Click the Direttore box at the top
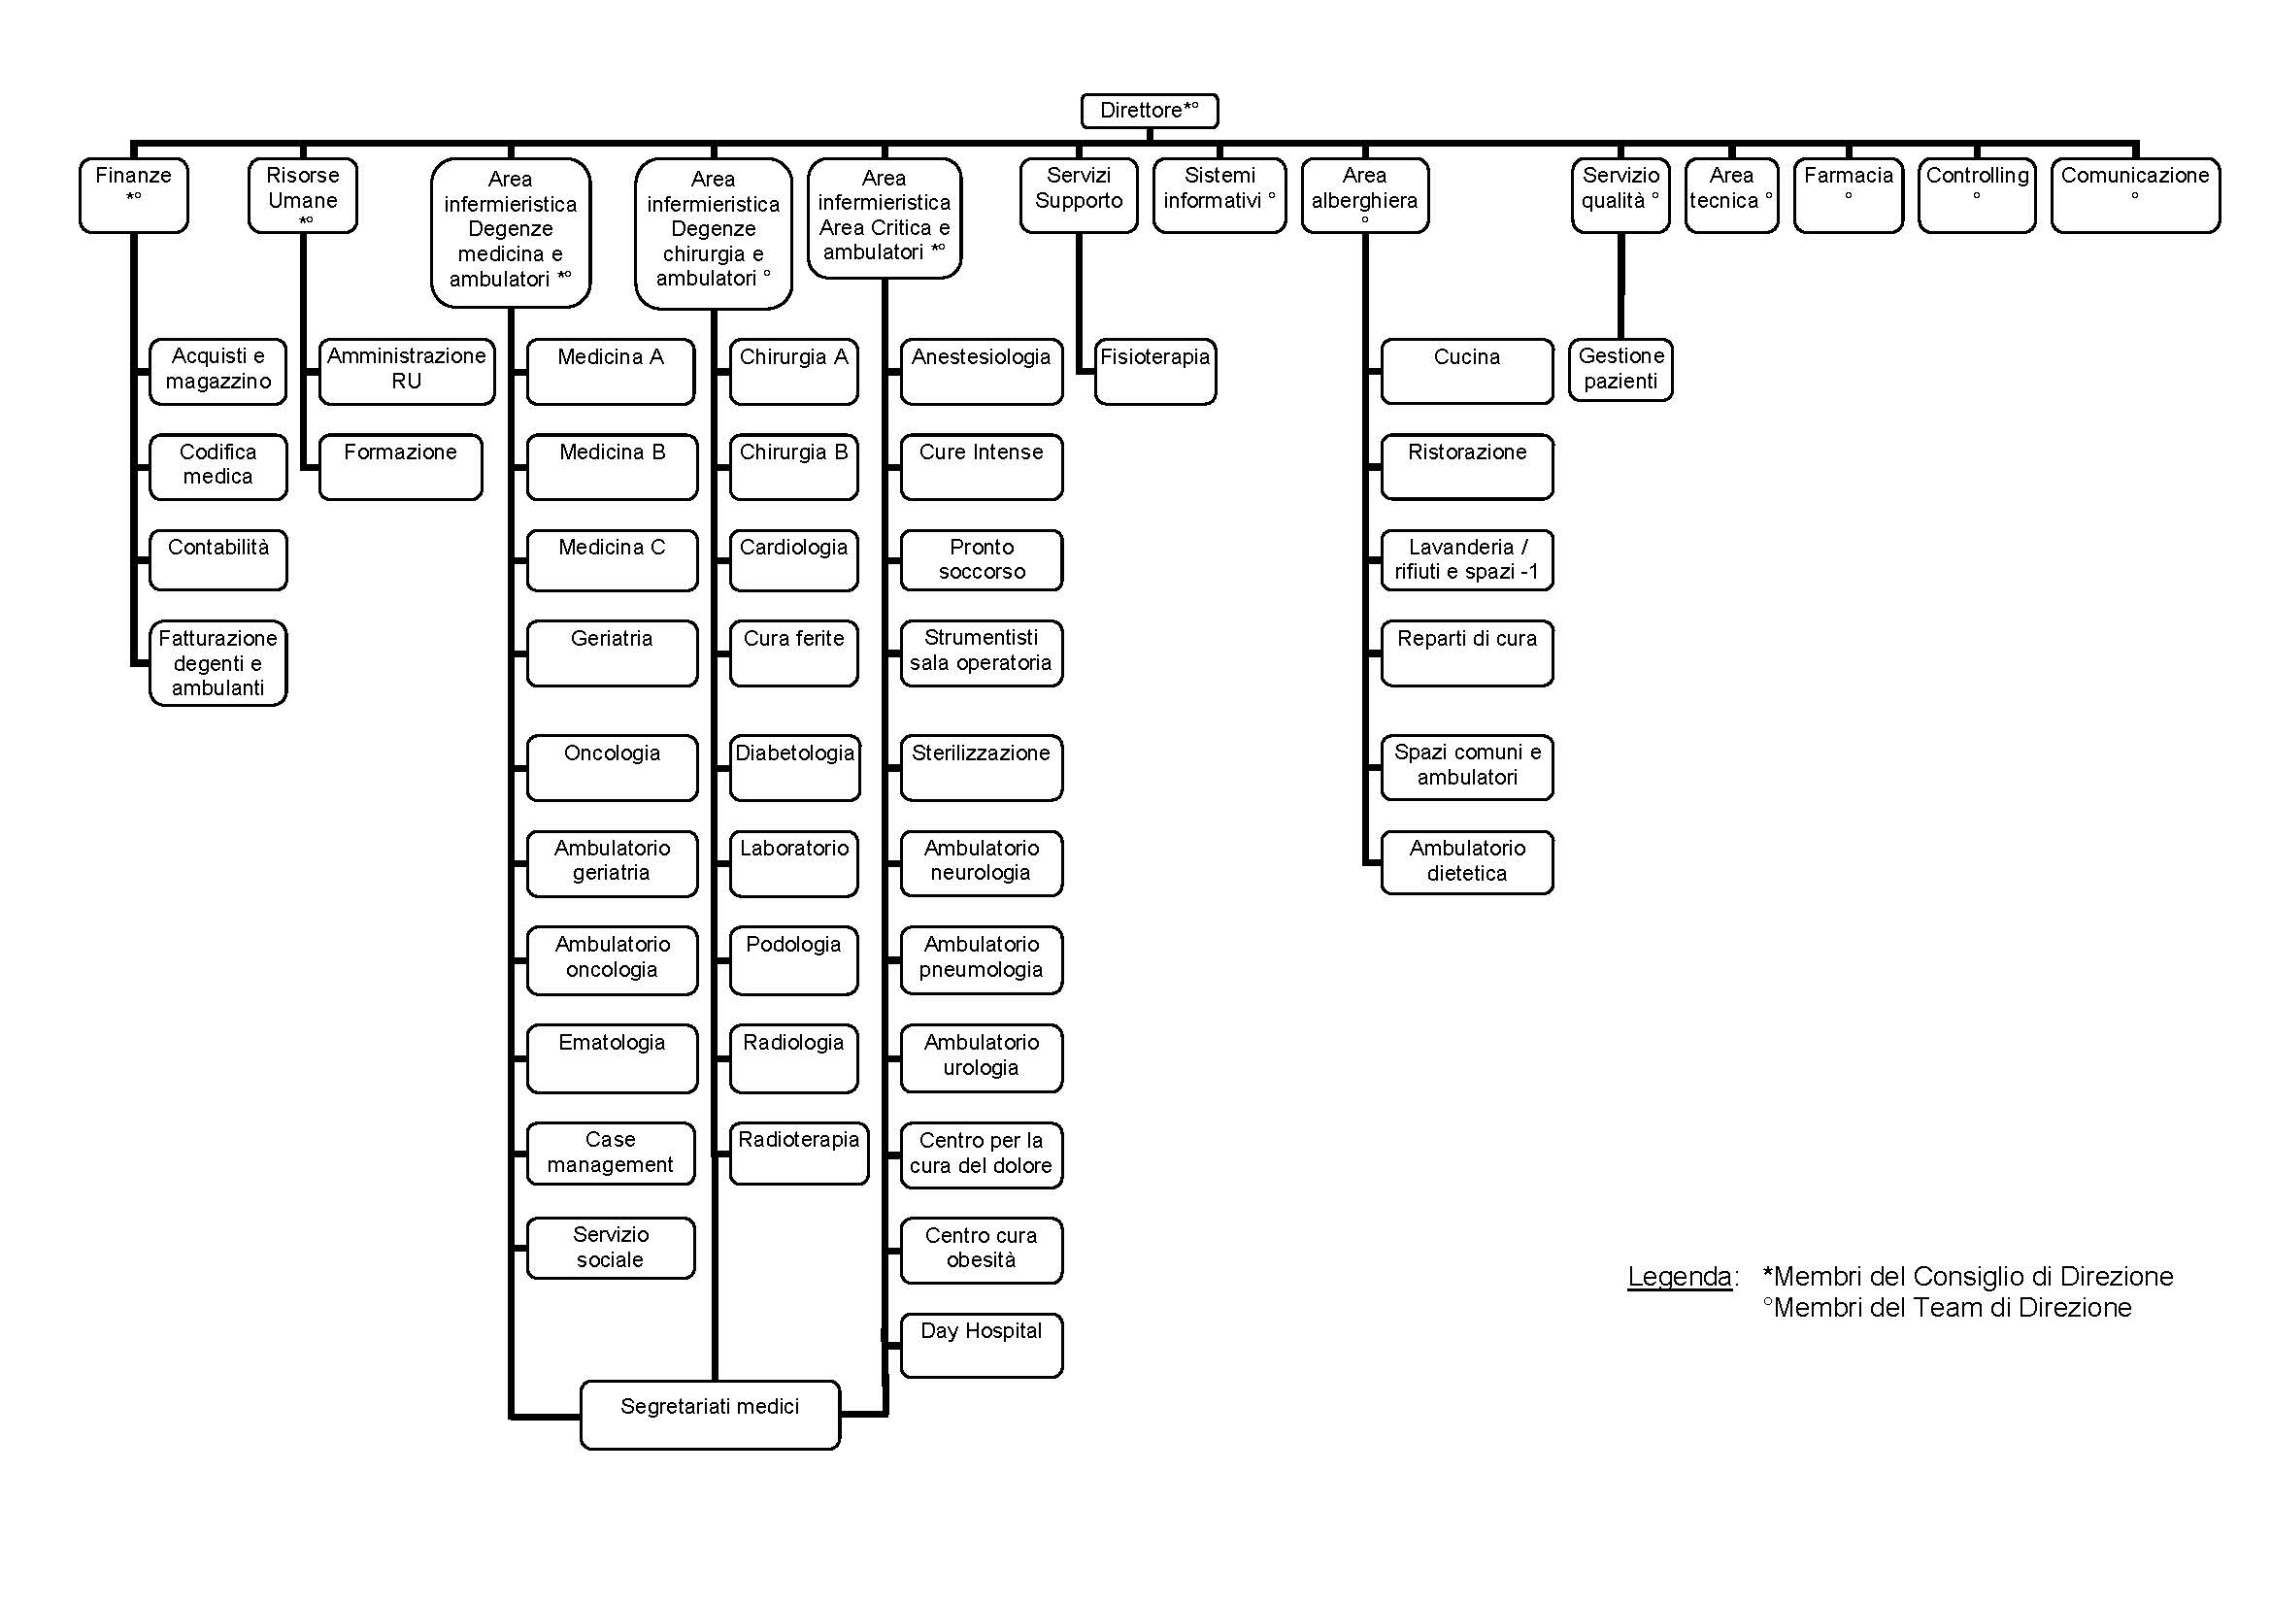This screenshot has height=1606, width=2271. click(1149, 111)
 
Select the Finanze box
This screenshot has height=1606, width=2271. click(134, 196)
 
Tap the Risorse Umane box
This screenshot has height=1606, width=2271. click(303, 196)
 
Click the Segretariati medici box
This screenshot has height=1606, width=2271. click(710, 1415)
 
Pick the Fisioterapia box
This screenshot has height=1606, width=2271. click(1155, 372)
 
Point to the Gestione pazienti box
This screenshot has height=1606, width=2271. click(1620, 370)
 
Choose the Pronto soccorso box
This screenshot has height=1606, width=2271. click(982, 560)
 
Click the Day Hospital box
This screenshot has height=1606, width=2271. click(982, 1345)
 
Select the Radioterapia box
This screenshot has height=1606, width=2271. click(799, 1154)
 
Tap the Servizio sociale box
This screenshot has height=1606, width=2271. click(611, 1248)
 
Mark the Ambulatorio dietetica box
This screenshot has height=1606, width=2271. click(1467, 862)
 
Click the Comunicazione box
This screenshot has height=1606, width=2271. click(2135, 196)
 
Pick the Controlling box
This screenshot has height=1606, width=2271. click(1976, 196)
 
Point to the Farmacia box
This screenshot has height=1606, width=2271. click(1848, 196)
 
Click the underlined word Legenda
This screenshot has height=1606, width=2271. click(1680, 1277)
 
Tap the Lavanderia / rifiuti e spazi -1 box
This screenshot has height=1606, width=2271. click(1467, 560)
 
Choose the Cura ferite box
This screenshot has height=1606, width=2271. click(793, 653)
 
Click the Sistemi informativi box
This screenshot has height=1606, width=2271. click(1219, 196)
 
